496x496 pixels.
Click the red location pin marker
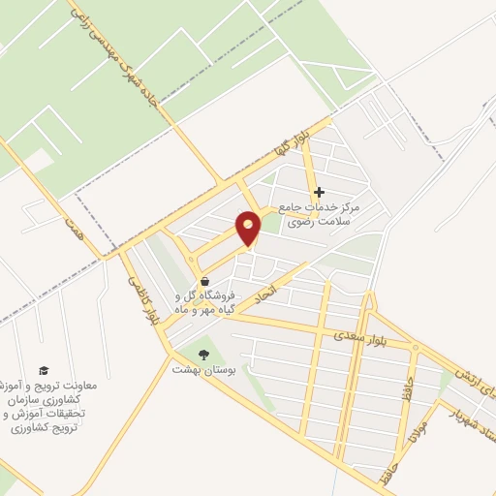[249, 228]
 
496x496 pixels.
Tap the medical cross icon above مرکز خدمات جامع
[319, 193]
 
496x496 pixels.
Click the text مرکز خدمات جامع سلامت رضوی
[319, 214]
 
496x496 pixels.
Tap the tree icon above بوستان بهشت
[203, 354]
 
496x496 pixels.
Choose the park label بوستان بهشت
[198, 370]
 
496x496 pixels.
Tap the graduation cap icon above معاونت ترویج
[43, 371]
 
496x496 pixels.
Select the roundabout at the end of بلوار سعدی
[414, 347]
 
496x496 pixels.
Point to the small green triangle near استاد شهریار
[445, 387]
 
